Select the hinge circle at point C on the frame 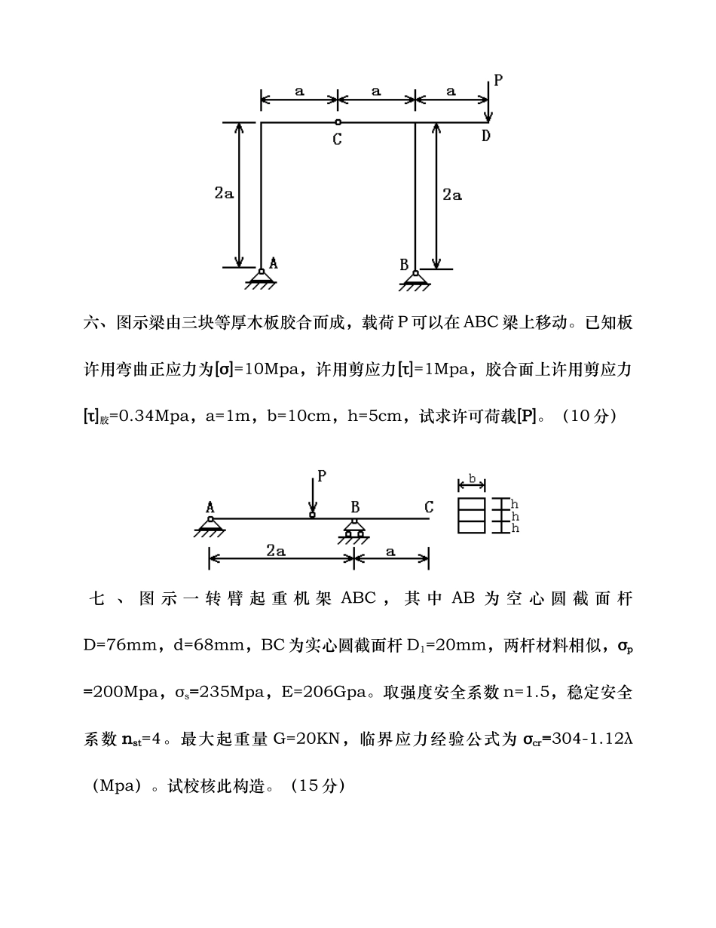click(338, 122)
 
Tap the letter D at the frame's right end click(486, 136)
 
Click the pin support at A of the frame click(260, 277)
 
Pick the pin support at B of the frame click(415, 278)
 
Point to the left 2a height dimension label click(224, 193)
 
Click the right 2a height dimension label click(451, 195)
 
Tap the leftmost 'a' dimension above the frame click(299, 91)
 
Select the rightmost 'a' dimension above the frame click(451, 91)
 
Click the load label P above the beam click(322, 476)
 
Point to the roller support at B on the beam click(353, 529)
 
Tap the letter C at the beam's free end click(429, 507)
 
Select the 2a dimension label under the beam click(276, 552)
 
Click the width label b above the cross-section click(472, 478)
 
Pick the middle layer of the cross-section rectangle click(472, 516)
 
